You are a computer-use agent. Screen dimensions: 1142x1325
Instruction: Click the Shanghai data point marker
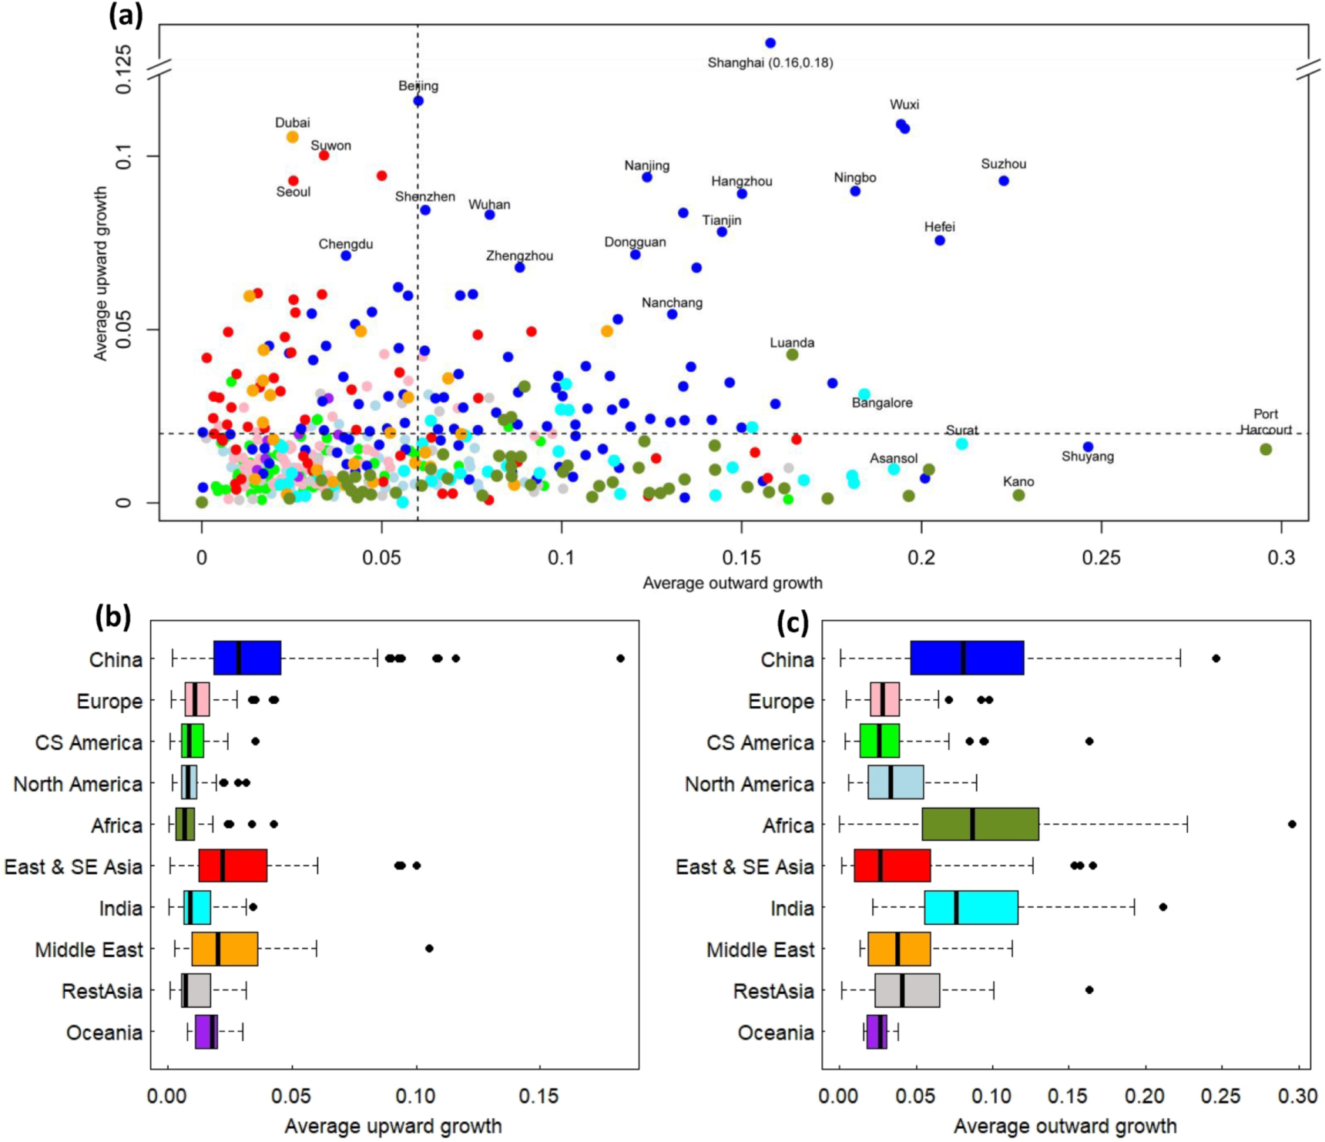tap(770, 43)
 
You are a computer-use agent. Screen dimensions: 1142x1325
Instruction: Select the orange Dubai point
tap(292, 137)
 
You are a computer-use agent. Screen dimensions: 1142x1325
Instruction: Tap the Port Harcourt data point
tap(1266, 449)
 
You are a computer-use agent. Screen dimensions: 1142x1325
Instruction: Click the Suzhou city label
tap(1003, 164)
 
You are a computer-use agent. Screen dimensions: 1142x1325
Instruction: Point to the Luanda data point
tap(792, 354)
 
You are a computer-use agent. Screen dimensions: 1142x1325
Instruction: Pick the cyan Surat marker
tap(961, 444)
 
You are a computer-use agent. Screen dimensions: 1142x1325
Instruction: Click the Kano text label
tap(1018, 482)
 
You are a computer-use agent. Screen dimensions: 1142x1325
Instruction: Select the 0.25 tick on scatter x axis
tap(1101, 558)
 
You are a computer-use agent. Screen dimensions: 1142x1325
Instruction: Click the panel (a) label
tap(126, 15)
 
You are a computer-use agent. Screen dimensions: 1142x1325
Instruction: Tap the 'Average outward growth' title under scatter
tap(732, 583)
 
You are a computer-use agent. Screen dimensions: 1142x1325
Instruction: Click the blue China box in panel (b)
tap(247, 658)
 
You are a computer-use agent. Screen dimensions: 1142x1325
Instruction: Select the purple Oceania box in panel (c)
tap(876, 1032)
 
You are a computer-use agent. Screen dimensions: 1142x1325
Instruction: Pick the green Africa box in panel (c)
tap(980, 824)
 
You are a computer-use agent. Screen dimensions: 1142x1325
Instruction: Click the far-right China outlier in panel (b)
tap(620, 658)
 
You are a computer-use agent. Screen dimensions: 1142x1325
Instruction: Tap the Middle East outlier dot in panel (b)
tap(429, 948)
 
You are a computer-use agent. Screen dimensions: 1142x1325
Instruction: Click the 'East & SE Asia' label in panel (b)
tap(73, 867)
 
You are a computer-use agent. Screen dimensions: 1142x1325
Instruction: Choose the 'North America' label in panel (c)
tap(749, 784)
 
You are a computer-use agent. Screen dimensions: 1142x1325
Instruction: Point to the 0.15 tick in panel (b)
tap(538, 1095)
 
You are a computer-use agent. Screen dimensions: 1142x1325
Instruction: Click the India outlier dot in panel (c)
tap(1162, 907)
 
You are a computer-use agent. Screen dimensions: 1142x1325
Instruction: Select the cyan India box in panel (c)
tap(971, 907)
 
